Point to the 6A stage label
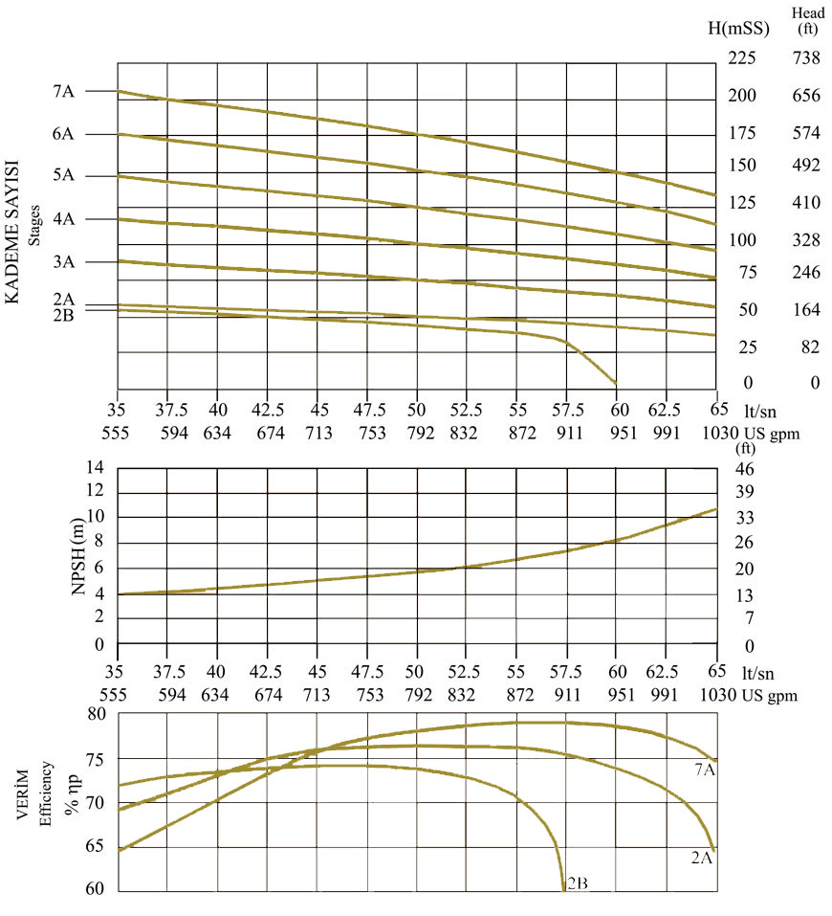click(x=63, y=134)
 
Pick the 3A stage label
click(x=63, y=261)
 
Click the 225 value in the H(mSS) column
click(x=742, y=58)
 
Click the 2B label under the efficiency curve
click(x=577, y=883)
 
